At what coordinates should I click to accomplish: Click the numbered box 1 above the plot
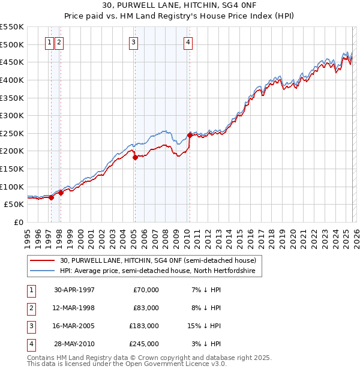(x=50, y=42)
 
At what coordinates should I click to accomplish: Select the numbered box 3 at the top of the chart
(x=133, y=42)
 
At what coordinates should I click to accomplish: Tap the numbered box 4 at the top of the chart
(x=188, y=42)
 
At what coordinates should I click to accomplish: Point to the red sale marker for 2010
(x=190, y=135)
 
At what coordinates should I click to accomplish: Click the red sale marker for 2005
(x=135, y=157)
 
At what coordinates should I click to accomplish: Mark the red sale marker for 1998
(x=61, y=193)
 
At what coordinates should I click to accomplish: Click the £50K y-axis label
(x=14, y=204)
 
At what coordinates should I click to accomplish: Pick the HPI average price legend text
(x=158, y=271)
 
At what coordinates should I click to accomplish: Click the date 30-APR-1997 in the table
(x=74, y=290)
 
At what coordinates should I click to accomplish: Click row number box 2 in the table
(x=31, y=308)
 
